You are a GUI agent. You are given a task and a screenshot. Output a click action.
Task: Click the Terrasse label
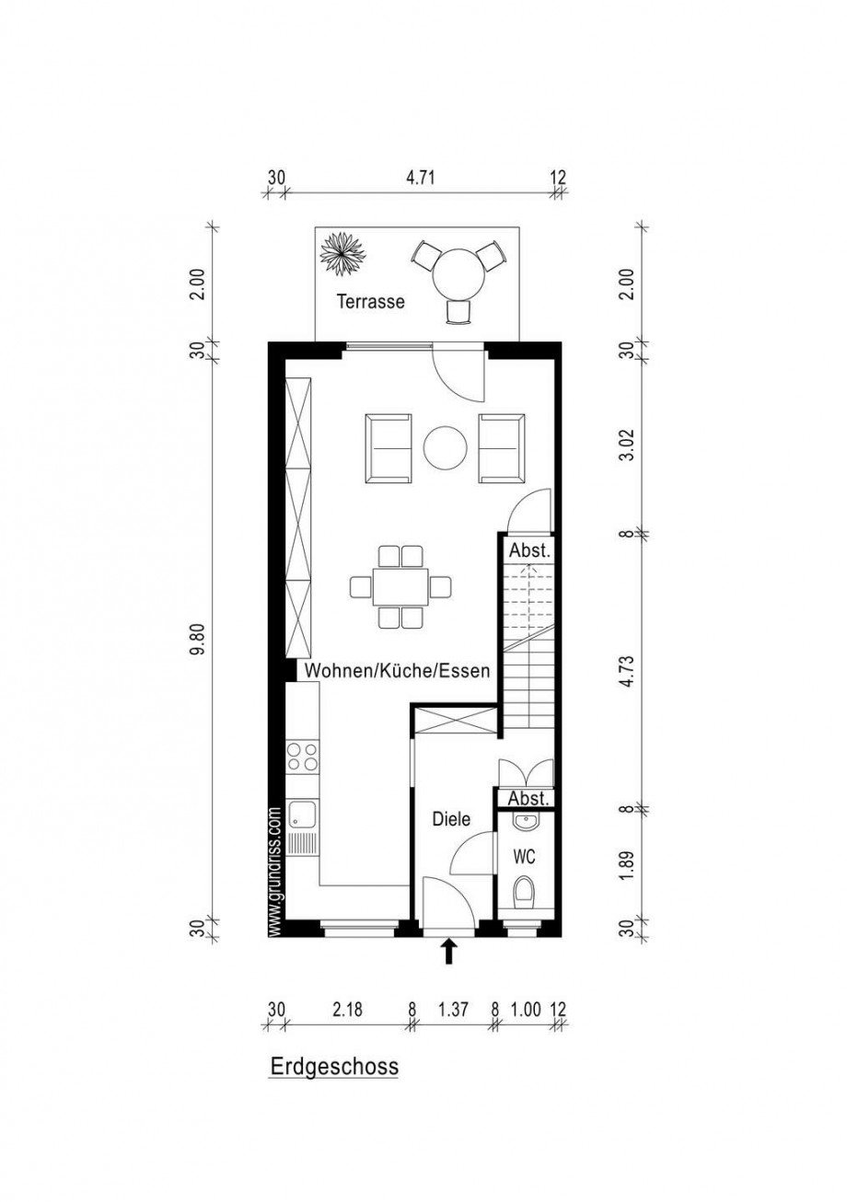(x=370, y=301)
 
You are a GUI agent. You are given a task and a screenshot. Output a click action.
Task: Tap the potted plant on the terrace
(x=342, y=254)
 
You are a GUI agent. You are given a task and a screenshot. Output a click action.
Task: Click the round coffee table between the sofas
(x=446, y=447)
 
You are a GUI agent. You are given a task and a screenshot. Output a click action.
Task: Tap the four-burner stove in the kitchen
(x=303, y=756)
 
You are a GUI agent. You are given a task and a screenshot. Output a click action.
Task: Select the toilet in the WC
(x=523, y=891)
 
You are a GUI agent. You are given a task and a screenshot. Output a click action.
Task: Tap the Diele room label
(x=451, y=819)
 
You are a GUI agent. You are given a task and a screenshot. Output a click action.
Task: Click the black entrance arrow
(x=449, y=952)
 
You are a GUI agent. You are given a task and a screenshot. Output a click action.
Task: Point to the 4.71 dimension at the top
(x=420, y=177)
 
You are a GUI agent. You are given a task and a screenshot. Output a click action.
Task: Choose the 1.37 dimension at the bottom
(x=454, y=1009)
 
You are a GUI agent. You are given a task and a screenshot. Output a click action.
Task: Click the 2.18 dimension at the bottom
(x=347, y=1009)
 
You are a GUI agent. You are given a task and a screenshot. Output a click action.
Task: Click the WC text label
(x=524, y=857)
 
